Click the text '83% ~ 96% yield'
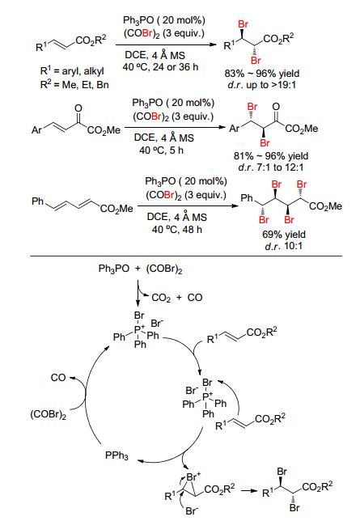pyautogui.click(x=261, y=74)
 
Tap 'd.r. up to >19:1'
pyautogui.click(x=261, y=85)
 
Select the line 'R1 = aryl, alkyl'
pyautogui.click(x=72, y=70)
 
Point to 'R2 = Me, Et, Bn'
pyautogui.click(x=74, y=84)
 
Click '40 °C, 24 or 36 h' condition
pyautogui.click(x=160, y=67)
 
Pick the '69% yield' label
pyautogui.click(x=283, y=235)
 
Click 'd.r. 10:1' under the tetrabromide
pyautogui.click(x=283, y=246)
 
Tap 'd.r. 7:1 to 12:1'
pyautogui.click(x=271, y=167)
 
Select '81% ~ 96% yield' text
pyautogui.click(x=271, y=156)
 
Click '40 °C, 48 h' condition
pyautogui.click(x=177, y=229)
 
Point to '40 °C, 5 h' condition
pyautogui.click(x=161, y=150)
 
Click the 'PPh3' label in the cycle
pyautogui.click(x=116, y=455)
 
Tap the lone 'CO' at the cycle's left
pyautogui.click(x=58, y=378)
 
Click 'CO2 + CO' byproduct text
pyautogui.click(x=177, y=298)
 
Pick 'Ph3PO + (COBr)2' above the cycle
pyautogui.click(x=140, y=269)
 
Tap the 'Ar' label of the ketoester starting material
pyautogui.click(x=36, y=129)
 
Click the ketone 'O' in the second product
pyautogui.click(x=276, y=107)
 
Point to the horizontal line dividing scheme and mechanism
pyautogui.click(x=186, y=256)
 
